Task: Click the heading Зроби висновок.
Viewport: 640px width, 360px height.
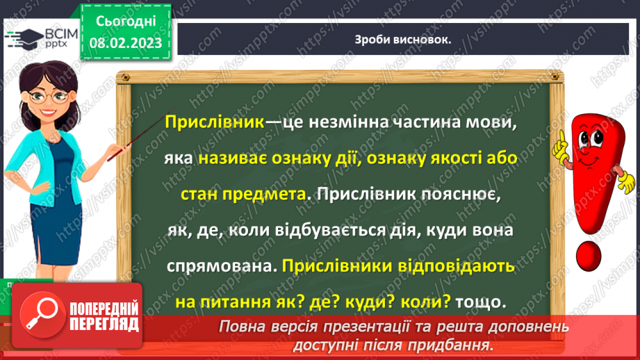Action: click(402, 39)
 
